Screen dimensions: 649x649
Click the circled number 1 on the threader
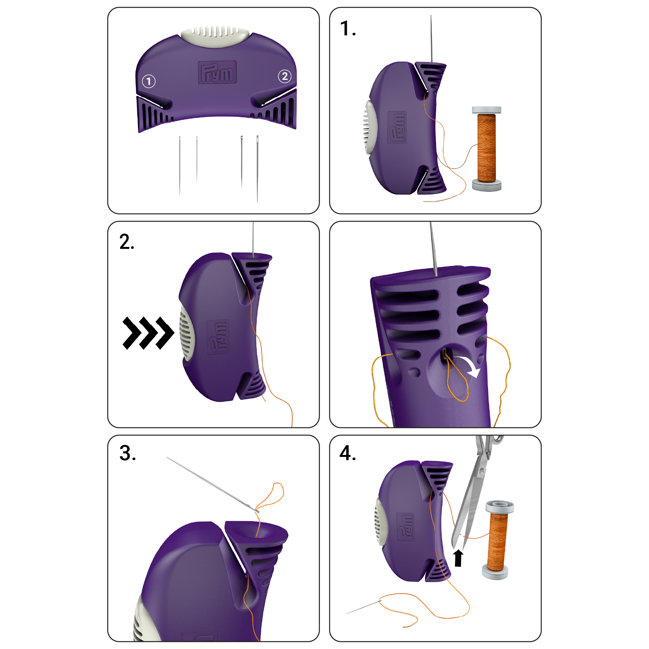[149, 81]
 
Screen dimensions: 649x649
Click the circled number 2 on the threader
[285, 76]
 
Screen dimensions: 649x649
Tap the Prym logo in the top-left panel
[217, 72]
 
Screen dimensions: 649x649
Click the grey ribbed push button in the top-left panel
[216, 36]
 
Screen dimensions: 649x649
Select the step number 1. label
[348, 29]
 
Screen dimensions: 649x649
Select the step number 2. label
[126, 242]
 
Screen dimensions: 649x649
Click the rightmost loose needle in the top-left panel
[257, 168]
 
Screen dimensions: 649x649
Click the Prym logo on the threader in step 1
[397, 127]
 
